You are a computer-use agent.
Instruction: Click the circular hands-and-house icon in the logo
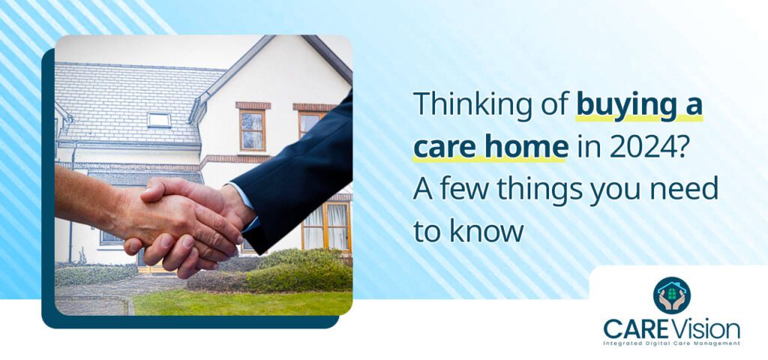[x=671, y=295]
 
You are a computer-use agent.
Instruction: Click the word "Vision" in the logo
[x=704, y=328]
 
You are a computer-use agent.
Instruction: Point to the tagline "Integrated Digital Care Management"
[x=671, y=343]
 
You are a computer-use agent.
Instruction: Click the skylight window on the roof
[x=158, y=119]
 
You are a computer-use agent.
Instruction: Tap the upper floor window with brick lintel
[x=252, y=129]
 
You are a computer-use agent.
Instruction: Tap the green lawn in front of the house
[x=240, y=302]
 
